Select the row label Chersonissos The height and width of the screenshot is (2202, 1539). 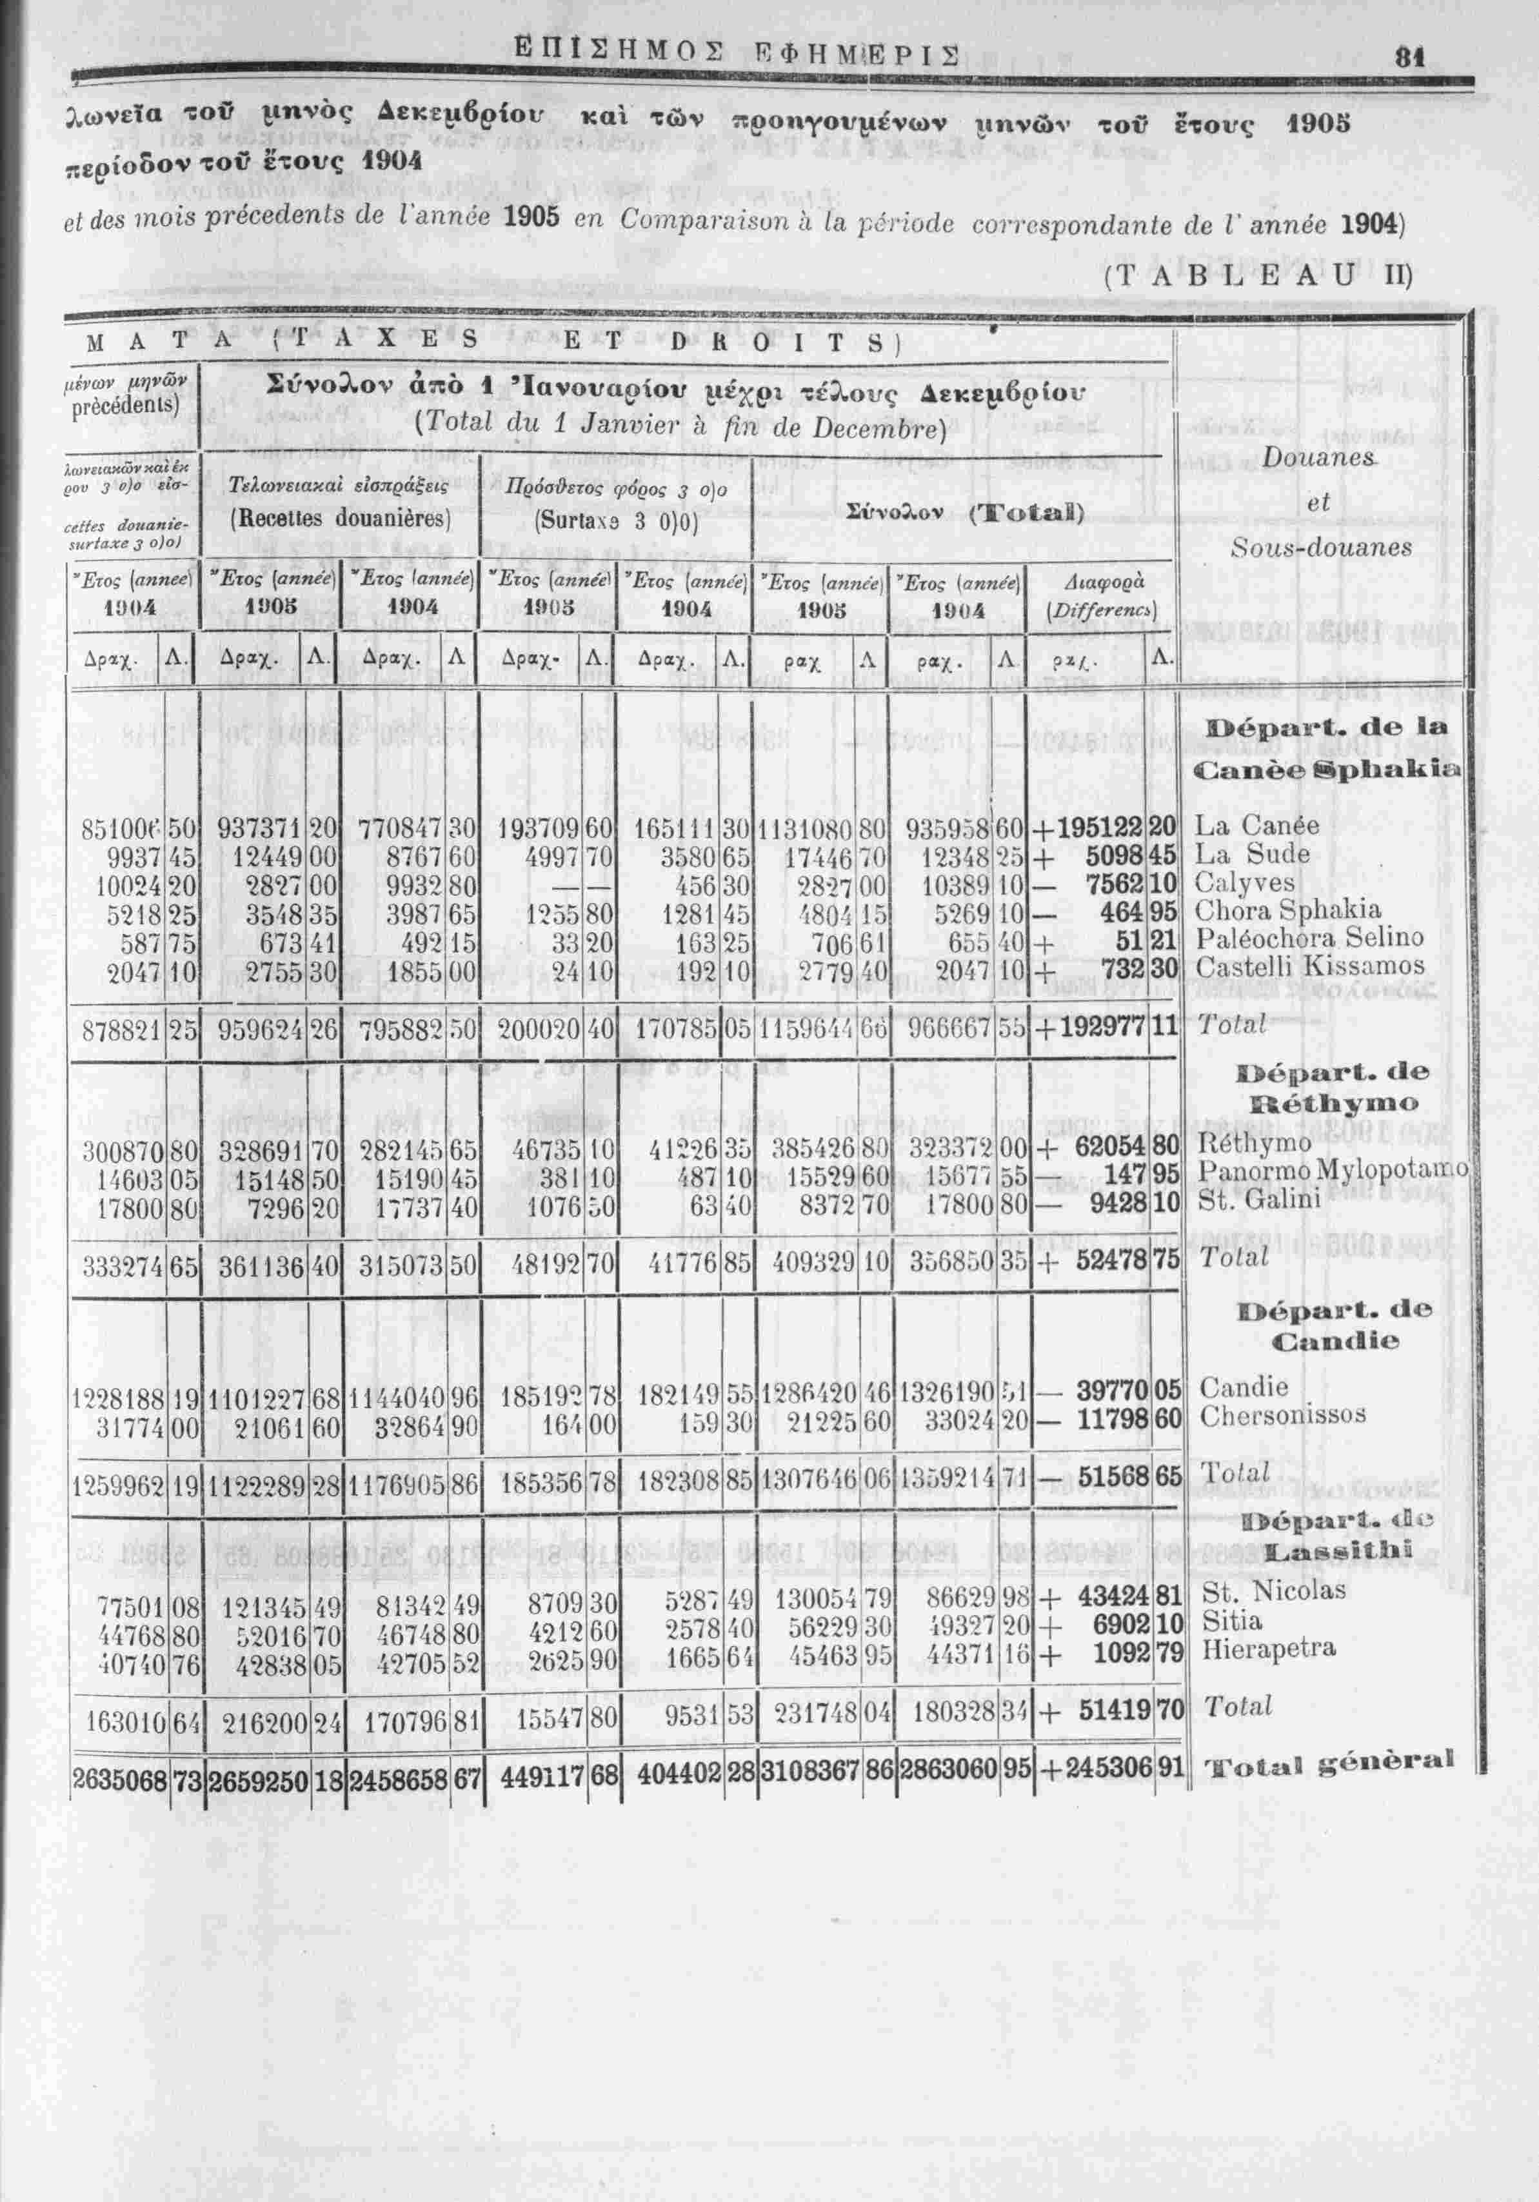tap(1283, 1416)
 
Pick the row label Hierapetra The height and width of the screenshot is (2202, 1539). tap(1269, 1650)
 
